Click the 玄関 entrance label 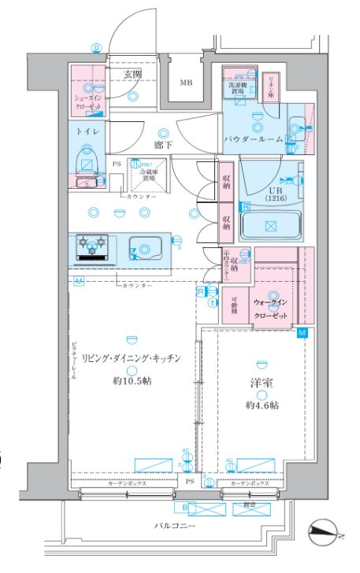[132, 75]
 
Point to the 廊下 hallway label [163, 146]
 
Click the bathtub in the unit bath [270, 225]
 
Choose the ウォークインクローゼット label [270, 308]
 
